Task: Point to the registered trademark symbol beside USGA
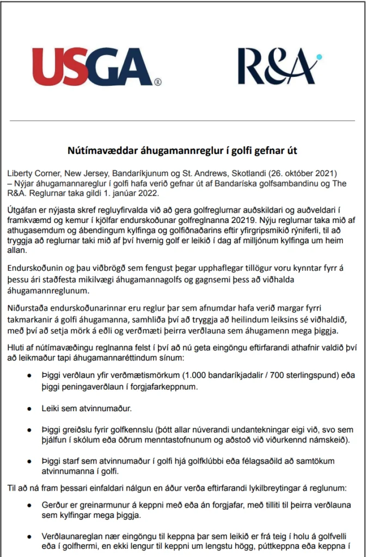pyautogui.click(x=157, y=83)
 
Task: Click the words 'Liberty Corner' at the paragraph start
pyautogui.click(x=34, y=172)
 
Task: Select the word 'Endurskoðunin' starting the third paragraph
pyautogui.click(x=36, y=268)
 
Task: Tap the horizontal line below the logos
pyautogui.click(x=183, y=120)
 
